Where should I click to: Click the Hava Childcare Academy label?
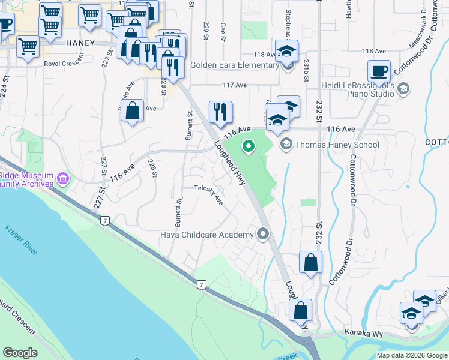coord(207,235)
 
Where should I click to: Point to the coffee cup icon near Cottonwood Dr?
coord(379,71)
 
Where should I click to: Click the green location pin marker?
coord(247,146)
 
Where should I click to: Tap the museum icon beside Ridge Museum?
coord(62,178)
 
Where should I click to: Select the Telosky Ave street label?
coord(208,195)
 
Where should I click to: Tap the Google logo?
coord(20,353)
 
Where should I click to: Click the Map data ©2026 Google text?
coord(412,355)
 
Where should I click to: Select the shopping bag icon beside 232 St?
coord(310,263)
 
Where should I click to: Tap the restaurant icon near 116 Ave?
coord(220,111)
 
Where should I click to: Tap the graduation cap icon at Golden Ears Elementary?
coord(287,50)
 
